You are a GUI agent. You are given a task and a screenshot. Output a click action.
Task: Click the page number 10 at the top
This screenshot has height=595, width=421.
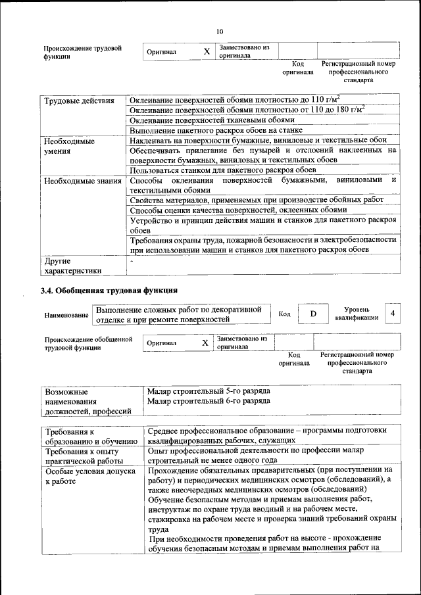[220, 32]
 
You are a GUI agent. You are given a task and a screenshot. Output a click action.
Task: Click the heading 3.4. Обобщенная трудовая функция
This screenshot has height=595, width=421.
[109, 289]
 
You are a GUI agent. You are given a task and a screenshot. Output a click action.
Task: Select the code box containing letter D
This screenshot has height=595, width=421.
[313, 314]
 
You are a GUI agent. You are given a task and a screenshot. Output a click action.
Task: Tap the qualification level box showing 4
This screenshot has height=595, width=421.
[393, 314]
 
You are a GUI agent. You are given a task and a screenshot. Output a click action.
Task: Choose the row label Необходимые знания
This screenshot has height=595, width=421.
[82, 181]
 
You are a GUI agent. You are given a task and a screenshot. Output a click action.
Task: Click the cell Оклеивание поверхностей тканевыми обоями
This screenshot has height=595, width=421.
[212, 120]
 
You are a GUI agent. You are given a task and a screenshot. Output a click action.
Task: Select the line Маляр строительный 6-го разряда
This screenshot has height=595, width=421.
[209, 400]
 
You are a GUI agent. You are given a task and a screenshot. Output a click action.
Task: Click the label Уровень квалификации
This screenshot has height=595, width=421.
[356, 313]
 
